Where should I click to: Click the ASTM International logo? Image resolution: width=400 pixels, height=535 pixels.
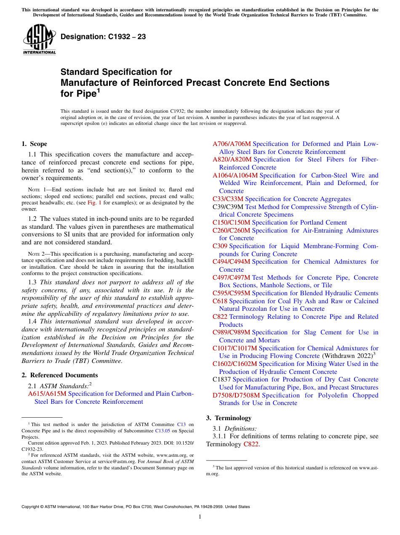click(x=39, y=40)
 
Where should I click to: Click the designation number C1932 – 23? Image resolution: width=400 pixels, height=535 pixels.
click(x=103, y=37)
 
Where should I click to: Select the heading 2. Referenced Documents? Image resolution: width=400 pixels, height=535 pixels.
click(x=59, y=375)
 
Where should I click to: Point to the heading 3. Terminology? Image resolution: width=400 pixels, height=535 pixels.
click(x=229, y=418)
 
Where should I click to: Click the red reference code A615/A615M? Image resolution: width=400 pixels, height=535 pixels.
click(x=47, y=394)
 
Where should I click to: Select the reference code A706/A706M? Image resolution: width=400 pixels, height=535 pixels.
click(x=232, y=144)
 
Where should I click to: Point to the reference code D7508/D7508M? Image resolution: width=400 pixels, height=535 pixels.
click(x=236, y=395)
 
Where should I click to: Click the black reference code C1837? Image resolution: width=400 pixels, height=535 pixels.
click(x=221, y=379)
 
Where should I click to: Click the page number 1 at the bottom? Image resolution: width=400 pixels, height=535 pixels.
click(x=200, y=517)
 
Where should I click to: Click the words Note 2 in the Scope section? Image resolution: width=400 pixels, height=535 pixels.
click(x=35, y=254)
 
